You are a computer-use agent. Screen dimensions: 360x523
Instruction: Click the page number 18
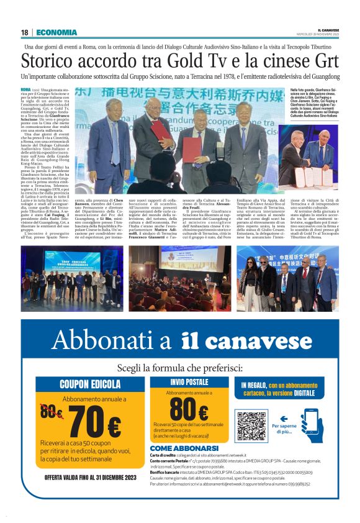point(24,32)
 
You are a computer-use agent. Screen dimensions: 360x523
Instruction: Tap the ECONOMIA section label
point(56,32)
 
